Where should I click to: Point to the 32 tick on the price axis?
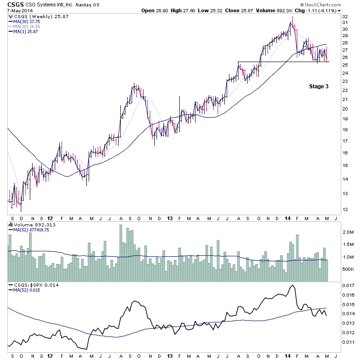point(345,16)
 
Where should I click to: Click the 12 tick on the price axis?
point(345,209)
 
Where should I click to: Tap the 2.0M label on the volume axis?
point(348,232)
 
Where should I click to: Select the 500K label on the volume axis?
point(348,269)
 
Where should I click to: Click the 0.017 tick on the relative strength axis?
point(348,285)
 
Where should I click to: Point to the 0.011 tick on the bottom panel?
point(348,342)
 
